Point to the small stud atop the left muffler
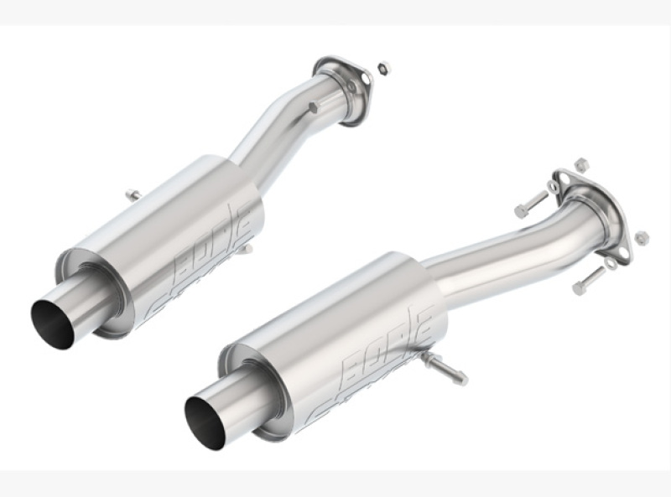[x=133, y=195]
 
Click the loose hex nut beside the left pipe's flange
[x=383, y=67]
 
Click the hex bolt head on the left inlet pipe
[x=313, y=108]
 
